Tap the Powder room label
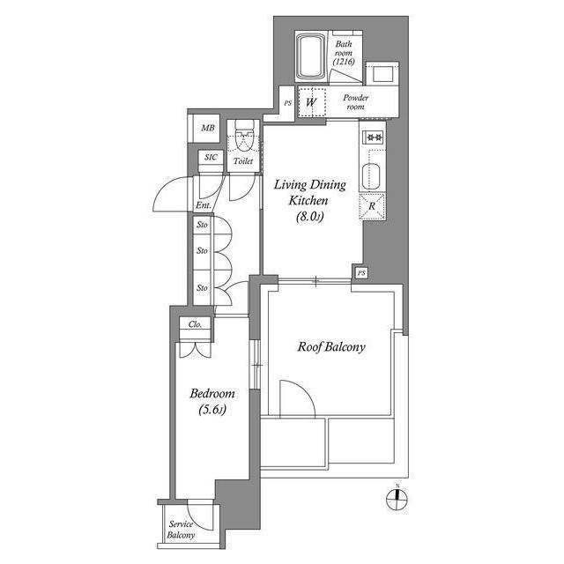[x=354, y=101]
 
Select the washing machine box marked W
[x=310, y=102]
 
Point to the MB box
[x=207, y=129]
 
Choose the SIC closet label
[x=210, y=157]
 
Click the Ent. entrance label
[x=203, y=207]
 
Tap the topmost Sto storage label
[x=202, y=226]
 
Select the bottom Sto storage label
[x=202, y=287]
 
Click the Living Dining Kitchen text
[x=309, y=199]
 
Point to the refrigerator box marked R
[x=372, y=207]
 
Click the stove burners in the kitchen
[x=372, y=137]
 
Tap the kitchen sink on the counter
[x=372, y=174]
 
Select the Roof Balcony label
[x=330, y=347]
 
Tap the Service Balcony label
[x=181, y=530]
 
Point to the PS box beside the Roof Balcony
[x=361, y=273]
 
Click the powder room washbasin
[x=383, y=73]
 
